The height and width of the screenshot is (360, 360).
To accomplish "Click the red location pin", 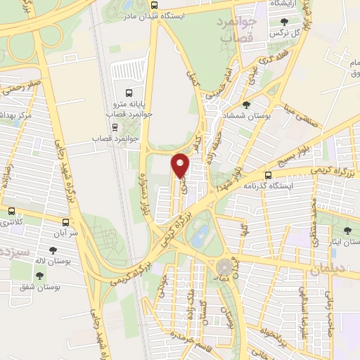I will [x=181, y=165].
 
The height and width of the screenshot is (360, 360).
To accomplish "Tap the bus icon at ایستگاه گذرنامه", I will [x=268, y=175].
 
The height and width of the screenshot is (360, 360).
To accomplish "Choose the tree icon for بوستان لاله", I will [x=53, y=250].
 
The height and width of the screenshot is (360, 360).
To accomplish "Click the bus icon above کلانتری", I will [x=11, y=211].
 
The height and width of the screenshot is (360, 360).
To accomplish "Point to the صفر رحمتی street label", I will [x=21, y=89].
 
